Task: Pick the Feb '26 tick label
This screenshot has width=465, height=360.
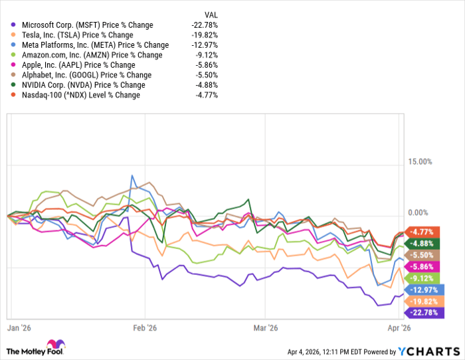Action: (x=144, y=327)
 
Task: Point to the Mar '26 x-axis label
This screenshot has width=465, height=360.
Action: (x=264, y=327)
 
